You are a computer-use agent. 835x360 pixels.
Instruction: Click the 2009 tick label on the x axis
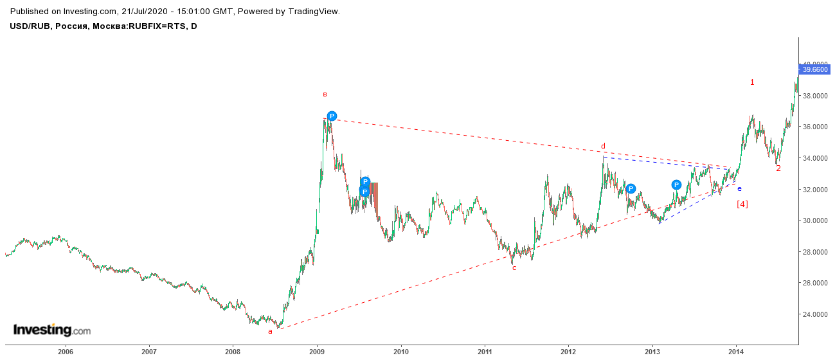click(x=317, y=352)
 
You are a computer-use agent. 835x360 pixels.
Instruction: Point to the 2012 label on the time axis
click(x=568, y=352)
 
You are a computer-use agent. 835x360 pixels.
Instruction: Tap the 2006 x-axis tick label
click(x=65, y=352)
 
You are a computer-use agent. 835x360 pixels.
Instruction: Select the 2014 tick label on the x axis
click(x=736, y=352)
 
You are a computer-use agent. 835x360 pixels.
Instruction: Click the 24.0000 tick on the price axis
click(x=815, y=314)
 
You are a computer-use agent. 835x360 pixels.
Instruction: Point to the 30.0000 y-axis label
click(x=815, y=221)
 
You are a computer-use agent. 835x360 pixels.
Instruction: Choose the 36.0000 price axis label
click(x=815, y=127)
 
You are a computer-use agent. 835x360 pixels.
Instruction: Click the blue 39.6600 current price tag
click(x=814, y=69)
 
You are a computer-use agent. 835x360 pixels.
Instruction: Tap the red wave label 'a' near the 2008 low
click(x=270, y=331)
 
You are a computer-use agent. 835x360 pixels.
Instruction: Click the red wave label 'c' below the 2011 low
click(x=514, y=267)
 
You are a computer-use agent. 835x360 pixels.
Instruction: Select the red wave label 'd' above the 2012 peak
click(x=603, y=146)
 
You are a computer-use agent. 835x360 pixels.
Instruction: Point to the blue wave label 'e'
click(x=740, y=188)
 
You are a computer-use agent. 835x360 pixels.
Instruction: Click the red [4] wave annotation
click(x=742, y=204)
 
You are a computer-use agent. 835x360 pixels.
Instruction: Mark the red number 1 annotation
click(x=752, y=82)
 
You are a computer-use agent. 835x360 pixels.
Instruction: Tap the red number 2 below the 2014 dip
click(x=778, y=168)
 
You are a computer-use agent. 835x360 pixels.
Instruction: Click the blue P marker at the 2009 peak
click(x=332, y=116)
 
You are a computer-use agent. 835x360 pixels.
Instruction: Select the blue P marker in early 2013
click(x=677, y=184)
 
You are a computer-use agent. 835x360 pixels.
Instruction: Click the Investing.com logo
click(x=52, y=330)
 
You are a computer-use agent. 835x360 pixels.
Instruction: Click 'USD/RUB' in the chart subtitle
click(x=30, y=26)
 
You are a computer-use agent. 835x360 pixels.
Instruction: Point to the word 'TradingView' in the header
click(x=313, y=12)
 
